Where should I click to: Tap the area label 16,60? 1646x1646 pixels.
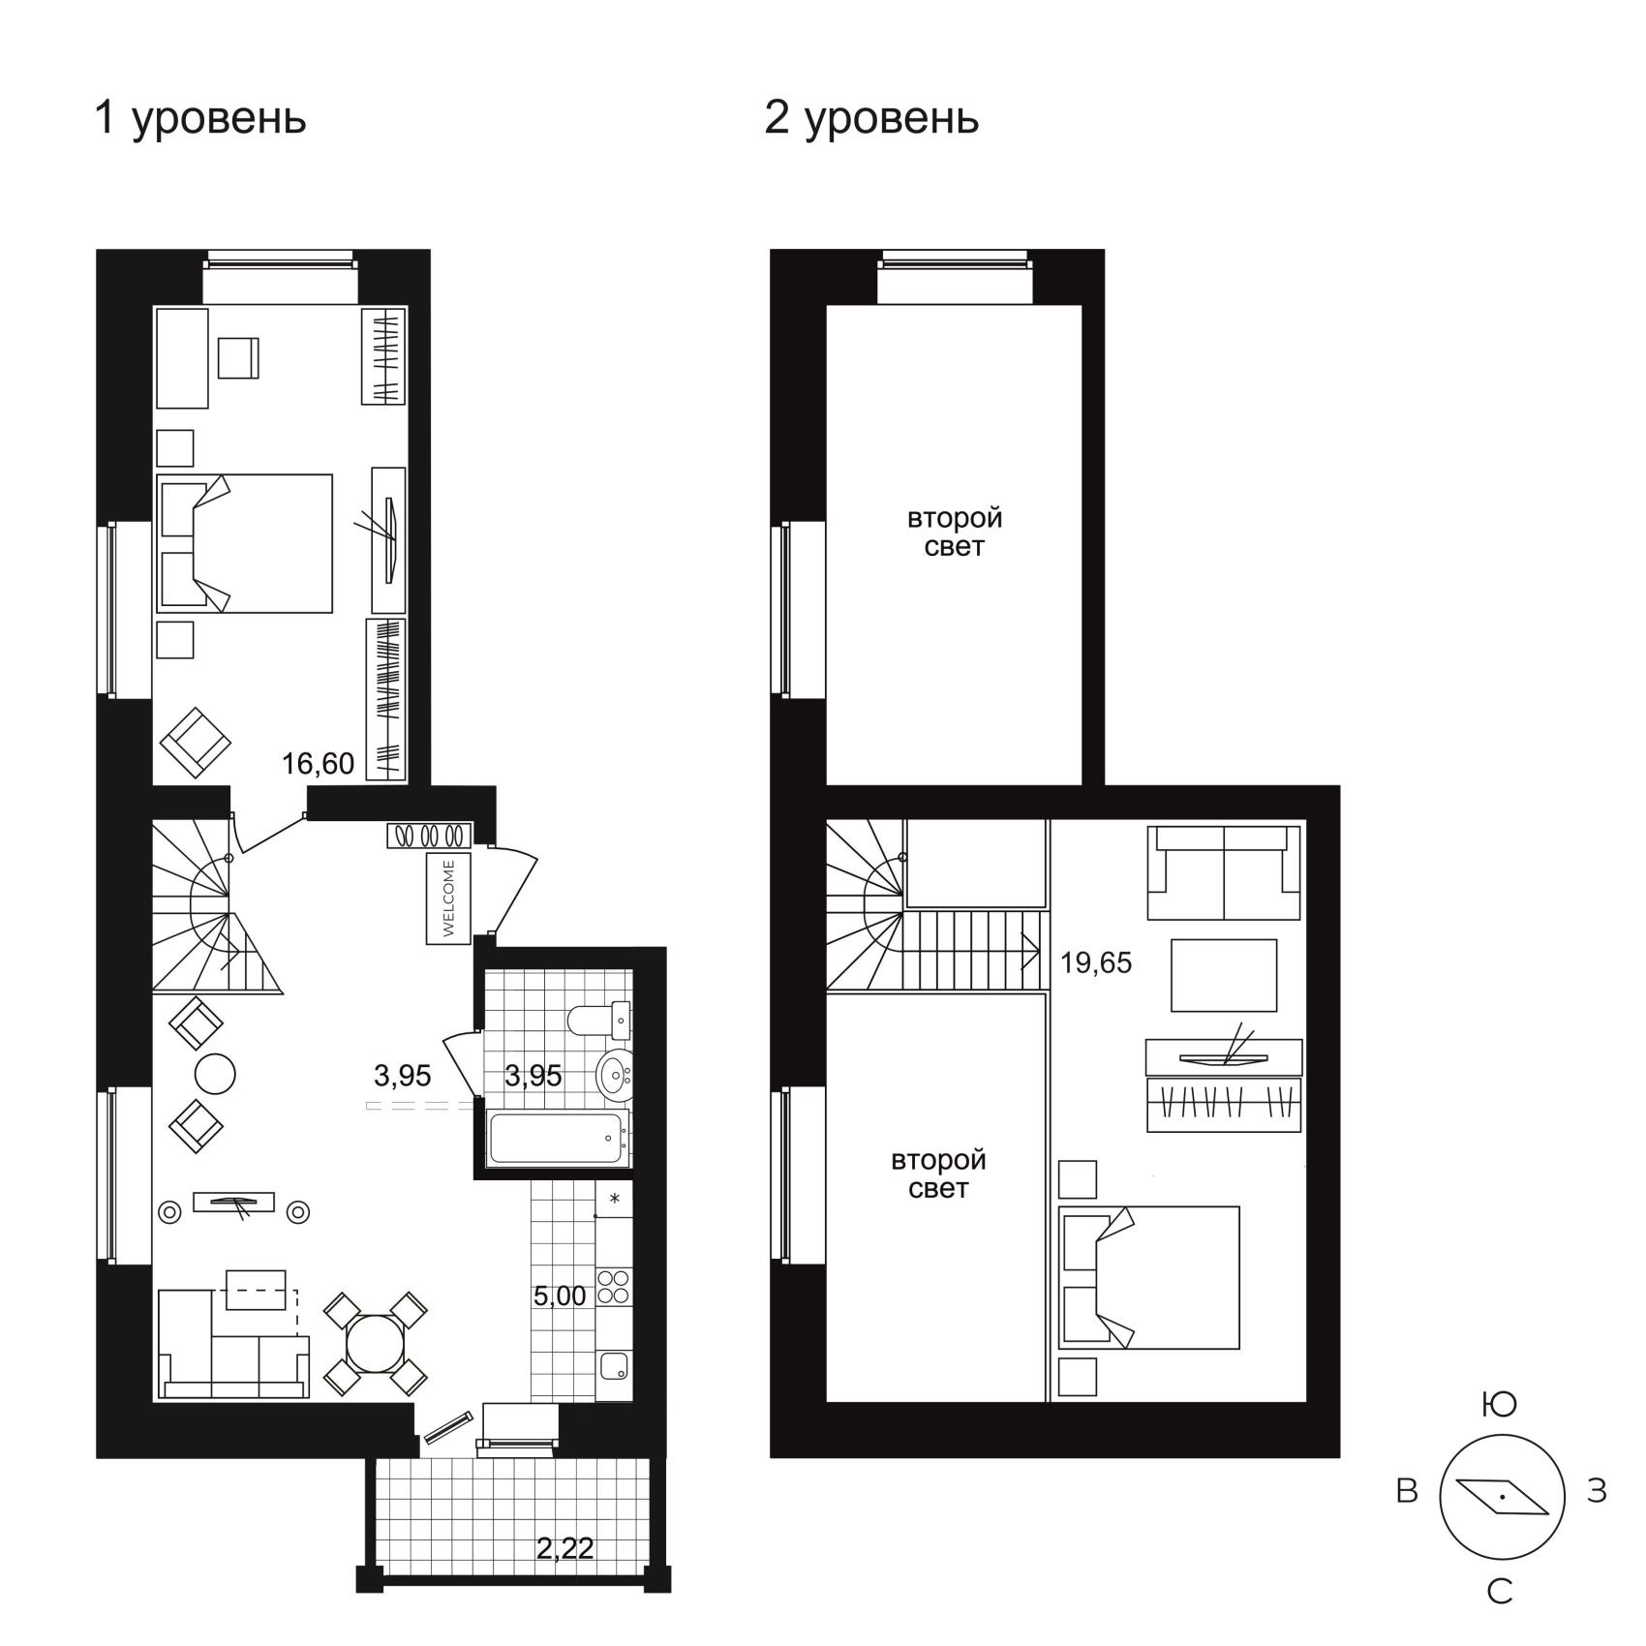318,764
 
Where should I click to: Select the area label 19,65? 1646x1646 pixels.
1095,962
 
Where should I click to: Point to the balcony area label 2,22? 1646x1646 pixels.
565,1548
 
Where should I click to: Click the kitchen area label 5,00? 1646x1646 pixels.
560,1295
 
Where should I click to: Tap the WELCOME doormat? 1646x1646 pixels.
448,898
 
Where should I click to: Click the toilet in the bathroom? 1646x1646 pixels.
599,1020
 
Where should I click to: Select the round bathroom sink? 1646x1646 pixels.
614,1075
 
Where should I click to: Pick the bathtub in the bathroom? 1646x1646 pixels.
557,1139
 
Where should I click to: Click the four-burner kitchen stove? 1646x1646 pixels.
614,1286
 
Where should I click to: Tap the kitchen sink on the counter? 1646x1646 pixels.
614,1366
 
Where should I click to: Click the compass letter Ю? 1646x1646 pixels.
1500,1404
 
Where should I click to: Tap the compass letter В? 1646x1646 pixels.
1407,1491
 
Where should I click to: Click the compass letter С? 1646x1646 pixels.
1500,1592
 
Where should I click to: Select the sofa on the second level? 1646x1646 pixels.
1224,872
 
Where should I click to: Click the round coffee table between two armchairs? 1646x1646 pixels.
215,1073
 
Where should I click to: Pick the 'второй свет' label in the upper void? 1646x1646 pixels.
955,533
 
